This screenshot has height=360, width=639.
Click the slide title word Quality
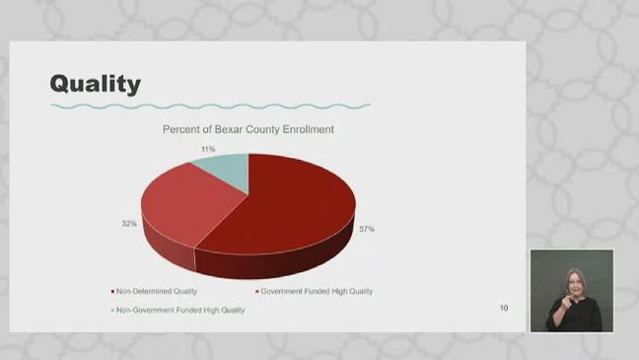click(x=96, y=84)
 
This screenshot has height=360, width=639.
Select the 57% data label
click(x=366, y=229)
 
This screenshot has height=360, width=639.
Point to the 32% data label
click(x=129, y=224)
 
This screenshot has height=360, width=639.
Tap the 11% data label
click(x=208, y=149)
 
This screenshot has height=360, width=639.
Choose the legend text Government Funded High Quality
click(x=317, y=291)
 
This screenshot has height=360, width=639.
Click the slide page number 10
click(x=504, y=309)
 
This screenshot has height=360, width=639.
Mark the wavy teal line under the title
click(x=210, y=106)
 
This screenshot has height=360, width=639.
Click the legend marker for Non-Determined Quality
click(x=112, y=291)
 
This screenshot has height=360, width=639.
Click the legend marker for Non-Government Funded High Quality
click(x=112, y=310)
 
